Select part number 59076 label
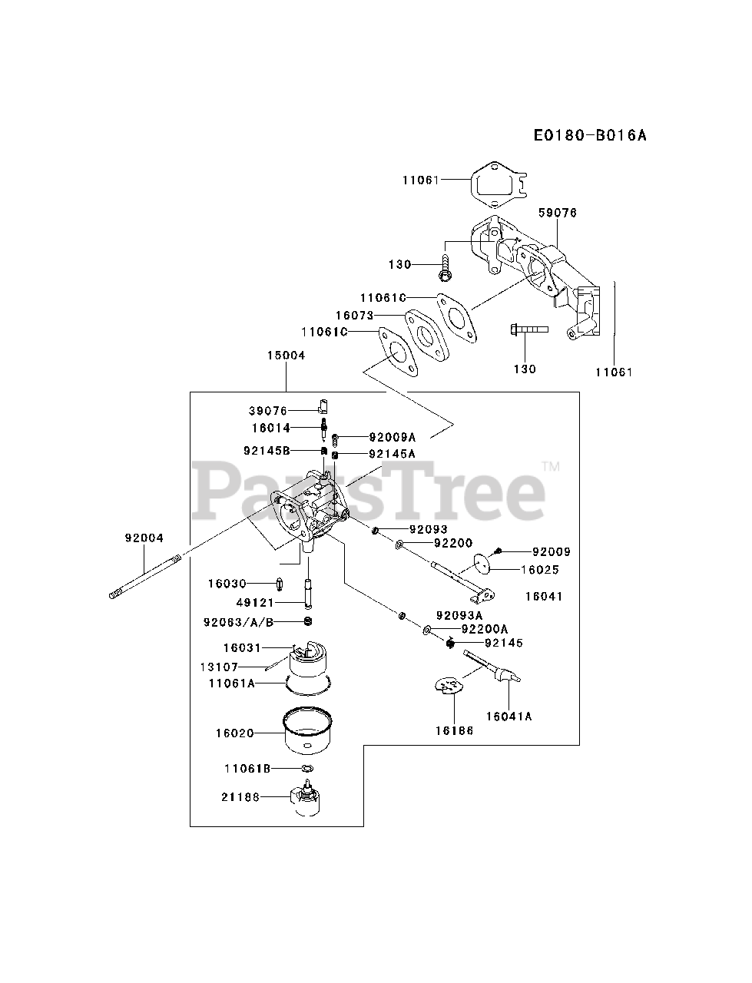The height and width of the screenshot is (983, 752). coord(558,213)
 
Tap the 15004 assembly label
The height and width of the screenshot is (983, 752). coord(286,356)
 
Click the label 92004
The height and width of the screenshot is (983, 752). coord(144,538)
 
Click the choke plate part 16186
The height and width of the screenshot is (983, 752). coord(448,683)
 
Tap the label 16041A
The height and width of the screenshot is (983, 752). coord(509,716)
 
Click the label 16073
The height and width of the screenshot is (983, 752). coord(354,315)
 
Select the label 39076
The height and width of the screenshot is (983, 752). coord(267,411)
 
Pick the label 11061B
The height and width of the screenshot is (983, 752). coord(247,768)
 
